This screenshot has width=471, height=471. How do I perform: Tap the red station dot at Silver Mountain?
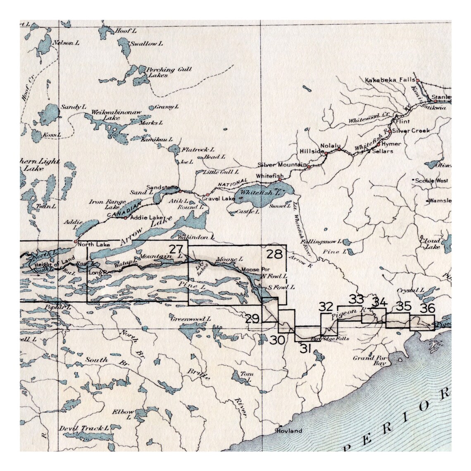pyautogui.click(x=308, y=167)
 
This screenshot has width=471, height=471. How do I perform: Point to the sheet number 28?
pyautogui.click(x=274, y=254)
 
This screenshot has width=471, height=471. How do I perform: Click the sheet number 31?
pyautogui.click(x=305, y=349)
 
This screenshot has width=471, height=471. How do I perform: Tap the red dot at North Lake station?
pyautogui.click(x=75, y=241)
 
